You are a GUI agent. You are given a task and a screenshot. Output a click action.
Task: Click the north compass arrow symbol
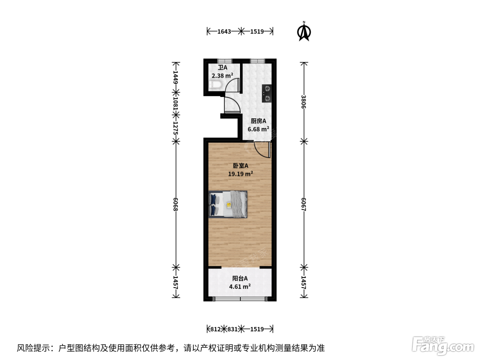(304, 31)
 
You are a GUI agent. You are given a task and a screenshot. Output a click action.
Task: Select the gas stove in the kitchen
(267, 94)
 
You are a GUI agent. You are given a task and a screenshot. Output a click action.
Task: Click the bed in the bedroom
(228, 204)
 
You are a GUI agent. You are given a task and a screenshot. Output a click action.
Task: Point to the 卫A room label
(223, 68)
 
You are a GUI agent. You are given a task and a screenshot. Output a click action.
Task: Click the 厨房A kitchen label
(258, 121)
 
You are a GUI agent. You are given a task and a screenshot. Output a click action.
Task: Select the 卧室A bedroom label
(241, 166)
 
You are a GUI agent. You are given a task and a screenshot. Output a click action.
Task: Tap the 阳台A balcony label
(240, 278)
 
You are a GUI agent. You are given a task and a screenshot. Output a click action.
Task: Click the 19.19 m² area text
(241, 174)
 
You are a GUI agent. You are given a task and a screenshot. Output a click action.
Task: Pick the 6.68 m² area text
(258, 129)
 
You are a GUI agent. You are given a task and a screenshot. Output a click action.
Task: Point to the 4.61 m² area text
(240, 286)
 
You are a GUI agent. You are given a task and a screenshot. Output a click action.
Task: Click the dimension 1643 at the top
(224, 32)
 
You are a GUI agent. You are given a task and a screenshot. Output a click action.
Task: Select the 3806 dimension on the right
(303, 102)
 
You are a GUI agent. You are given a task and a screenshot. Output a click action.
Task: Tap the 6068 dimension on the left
(176, 204)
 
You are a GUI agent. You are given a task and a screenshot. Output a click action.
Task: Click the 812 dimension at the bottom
(215, 329)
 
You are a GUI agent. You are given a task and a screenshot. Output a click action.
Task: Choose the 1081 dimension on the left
(176, 104)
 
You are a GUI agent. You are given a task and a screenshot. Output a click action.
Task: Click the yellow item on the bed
(229, 205)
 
